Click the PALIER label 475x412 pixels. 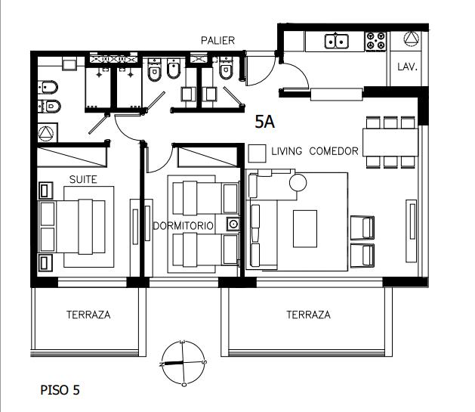(x=217, y=40)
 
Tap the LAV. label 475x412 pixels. (x=408, y=67)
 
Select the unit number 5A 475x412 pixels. (x=265, y=122)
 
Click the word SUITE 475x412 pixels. (x=83, y=179)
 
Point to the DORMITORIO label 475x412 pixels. (x=183, y=226)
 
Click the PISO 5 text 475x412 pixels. (x=60, y=390)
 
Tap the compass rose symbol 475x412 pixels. (x=183, y=363)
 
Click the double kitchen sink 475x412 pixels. (x=337, y=42)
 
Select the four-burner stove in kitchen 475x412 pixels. (x=375, y=42)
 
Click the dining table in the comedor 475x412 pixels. (x=390, y=142)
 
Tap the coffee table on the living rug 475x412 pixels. (x=305, y=229)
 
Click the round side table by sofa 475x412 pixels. (x=298, y=182)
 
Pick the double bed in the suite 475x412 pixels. (x=72, y=226)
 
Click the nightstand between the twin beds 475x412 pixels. (x=233, y=225)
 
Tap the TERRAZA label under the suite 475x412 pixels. (x=88, y=314)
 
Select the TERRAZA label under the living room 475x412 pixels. (x=308, y=314)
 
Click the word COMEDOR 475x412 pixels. (x=334, y=151)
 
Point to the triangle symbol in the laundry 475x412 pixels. (x=412, y=39)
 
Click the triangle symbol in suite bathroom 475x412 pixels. (x=46, y=133)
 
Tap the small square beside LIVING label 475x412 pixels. (x=258, y=153)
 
